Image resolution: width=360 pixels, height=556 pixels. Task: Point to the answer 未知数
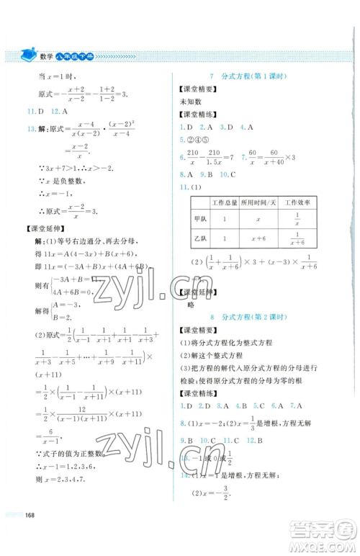(x=189, y=102)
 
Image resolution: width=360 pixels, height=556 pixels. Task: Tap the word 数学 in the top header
(x=50, y=55)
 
